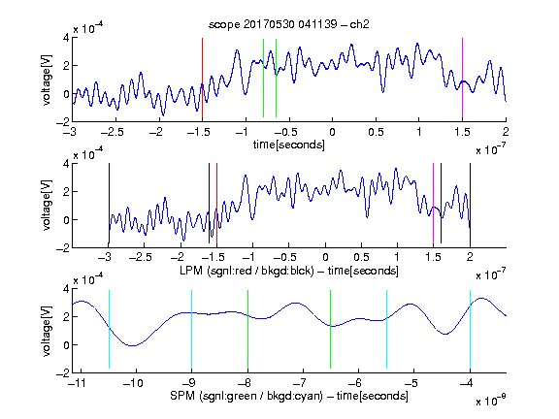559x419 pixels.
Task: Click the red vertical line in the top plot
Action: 202,78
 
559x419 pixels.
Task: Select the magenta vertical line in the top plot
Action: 462,78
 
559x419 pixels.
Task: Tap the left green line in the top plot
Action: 263,78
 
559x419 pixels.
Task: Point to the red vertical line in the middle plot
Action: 216,204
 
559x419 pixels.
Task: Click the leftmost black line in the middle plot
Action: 109,204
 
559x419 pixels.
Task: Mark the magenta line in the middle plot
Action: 433,204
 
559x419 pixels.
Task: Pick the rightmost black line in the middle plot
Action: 470,204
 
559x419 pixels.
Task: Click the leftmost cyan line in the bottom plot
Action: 109,329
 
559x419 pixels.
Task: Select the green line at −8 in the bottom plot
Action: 247,329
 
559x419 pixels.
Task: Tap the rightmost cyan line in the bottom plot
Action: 470,329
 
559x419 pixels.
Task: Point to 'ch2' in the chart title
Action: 359,24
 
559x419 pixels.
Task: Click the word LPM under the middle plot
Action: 191,271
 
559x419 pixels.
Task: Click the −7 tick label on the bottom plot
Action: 299,383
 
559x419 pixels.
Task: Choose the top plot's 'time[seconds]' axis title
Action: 289,145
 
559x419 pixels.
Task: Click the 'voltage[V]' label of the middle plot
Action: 47,206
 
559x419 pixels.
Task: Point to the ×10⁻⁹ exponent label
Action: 490,402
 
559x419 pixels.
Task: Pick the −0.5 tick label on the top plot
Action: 286,132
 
